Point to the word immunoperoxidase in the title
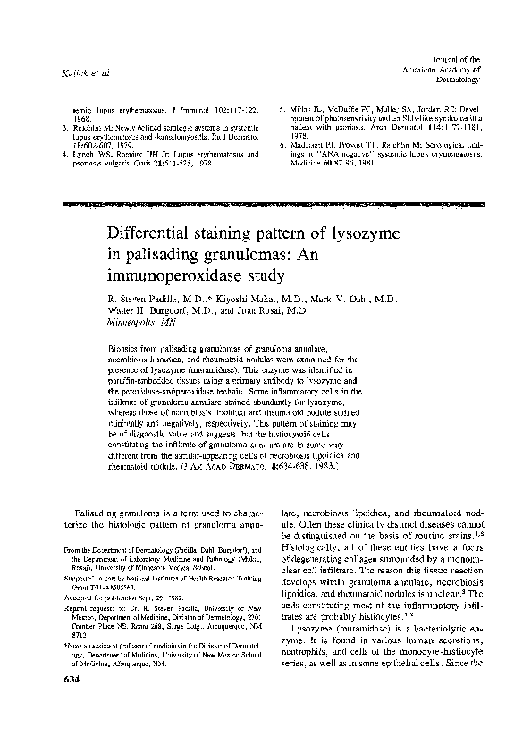pos(173,281)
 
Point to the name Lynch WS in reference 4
pos(91,154)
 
